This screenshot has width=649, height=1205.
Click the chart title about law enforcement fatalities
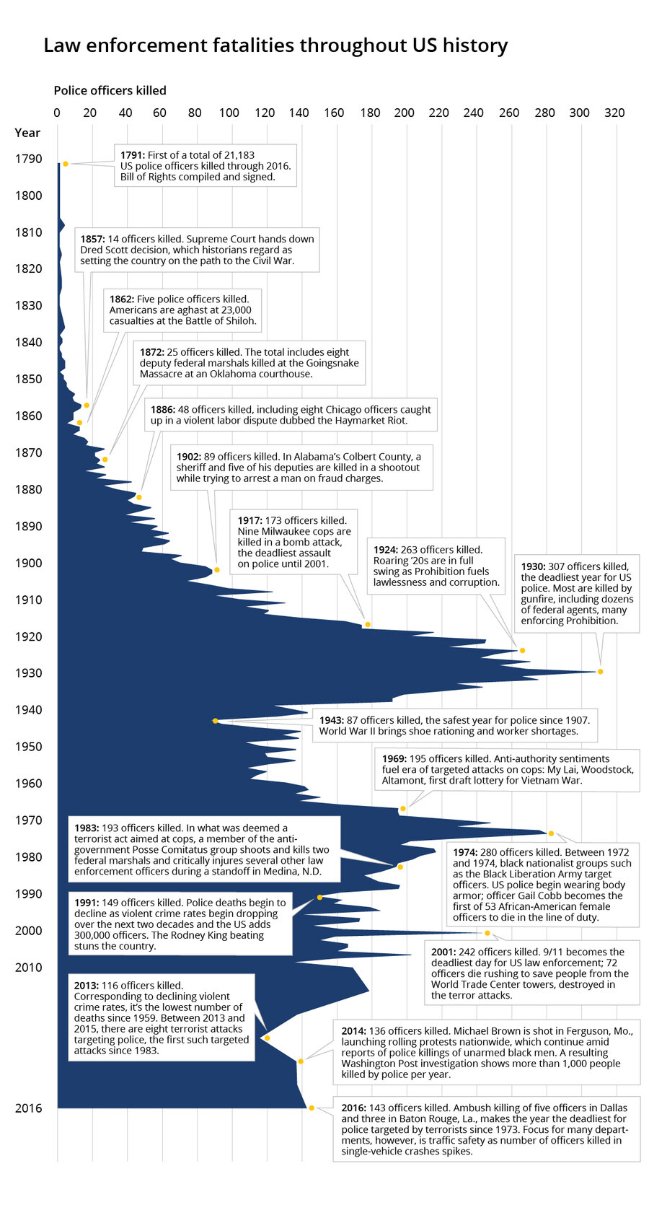point(275,45)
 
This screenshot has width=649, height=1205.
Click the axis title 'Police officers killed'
point(110,90)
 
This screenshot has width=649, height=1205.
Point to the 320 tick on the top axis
point(614,113)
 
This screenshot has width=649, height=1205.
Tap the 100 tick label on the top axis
point(229,113)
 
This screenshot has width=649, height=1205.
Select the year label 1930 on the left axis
point(28,673)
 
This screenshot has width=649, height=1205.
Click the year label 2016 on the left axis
point(28,1108)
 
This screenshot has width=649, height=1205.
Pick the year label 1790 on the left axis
point(28,159)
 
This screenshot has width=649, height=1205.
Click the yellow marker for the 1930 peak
point(600,672)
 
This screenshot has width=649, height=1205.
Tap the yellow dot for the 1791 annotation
point(66,164)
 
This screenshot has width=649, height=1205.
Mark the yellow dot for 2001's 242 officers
point(487,933)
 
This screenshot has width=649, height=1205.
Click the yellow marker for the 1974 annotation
point(551,833)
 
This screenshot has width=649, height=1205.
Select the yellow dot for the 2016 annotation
point(312,1108)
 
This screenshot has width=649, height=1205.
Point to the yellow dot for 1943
point(215,721)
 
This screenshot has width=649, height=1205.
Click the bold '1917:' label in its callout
point(251,520)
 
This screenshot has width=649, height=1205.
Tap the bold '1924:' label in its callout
point(387,550)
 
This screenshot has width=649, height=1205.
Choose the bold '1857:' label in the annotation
point(93,239)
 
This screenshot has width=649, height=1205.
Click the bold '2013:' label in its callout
point(87,986)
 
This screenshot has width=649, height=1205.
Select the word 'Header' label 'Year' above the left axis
point(27,133)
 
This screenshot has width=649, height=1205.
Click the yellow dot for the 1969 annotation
point(402,809)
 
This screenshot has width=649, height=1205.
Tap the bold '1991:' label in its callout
point(87,903)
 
